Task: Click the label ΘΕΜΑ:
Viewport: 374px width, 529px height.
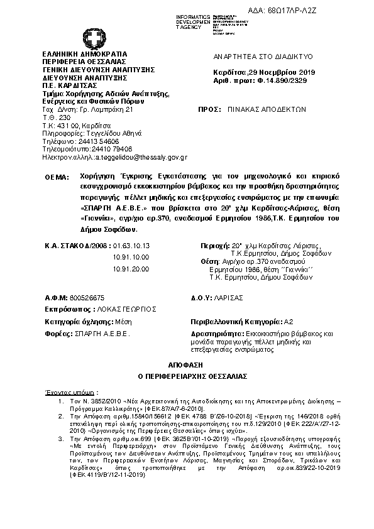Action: point(57,178)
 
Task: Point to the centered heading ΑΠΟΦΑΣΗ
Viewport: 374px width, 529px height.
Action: point(186,364)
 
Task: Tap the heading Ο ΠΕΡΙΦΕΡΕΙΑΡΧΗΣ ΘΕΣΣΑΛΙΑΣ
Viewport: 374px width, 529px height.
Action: point(186,376)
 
